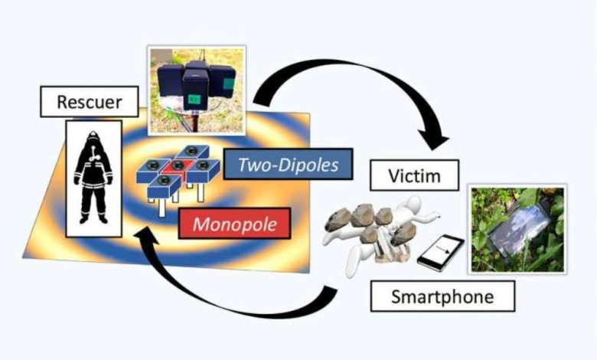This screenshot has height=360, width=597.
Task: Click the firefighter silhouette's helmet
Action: pos(93,139)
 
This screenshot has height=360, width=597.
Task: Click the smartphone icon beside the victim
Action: pos(439,252)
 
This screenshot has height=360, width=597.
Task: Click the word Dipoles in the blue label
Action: pos(311,163)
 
